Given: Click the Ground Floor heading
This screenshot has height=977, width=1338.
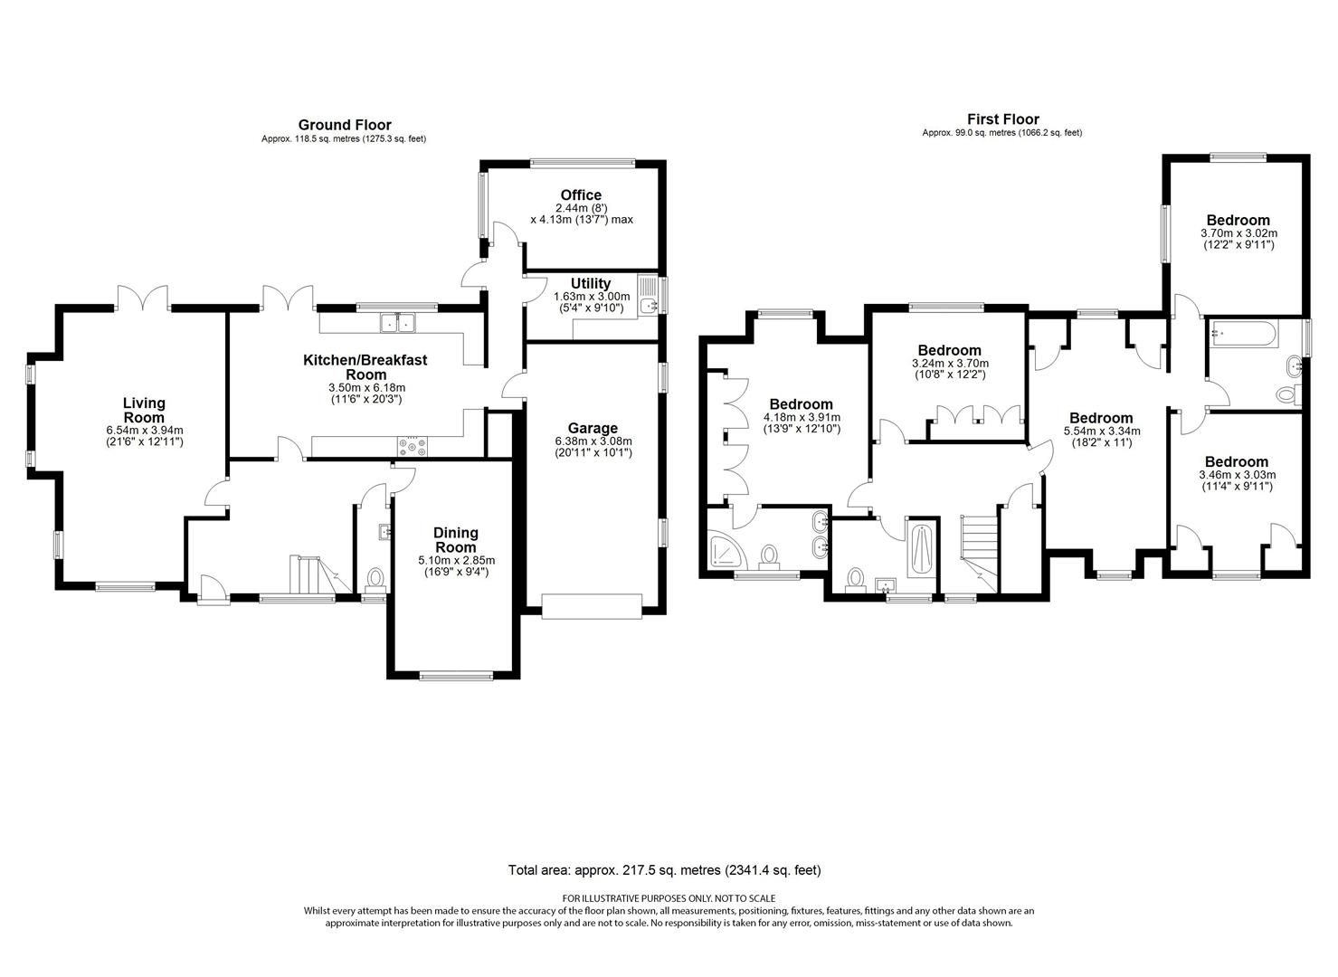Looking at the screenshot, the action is tap(345, 125).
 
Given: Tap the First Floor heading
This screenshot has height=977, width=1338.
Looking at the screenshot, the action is tap(1003, 119).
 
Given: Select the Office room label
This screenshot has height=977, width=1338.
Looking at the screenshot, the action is tap(581, 194).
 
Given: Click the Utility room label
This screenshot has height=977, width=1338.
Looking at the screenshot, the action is tap(590, 283).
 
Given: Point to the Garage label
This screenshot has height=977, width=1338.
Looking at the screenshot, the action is tap(593, 428).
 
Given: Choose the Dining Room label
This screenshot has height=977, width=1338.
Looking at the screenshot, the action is tap(455, 540).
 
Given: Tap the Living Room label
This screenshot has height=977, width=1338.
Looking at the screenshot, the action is tap(144, 411).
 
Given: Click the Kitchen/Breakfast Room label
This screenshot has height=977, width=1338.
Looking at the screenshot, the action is tap(365, 367).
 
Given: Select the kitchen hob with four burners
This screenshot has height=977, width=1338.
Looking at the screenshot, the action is tap(413, 447).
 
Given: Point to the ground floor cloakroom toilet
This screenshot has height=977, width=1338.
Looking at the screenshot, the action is tap(375, 578).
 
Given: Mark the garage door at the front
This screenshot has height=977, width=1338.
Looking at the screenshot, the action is tap(592, 606).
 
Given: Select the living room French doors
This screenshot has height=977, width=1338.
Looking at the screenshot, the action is tap(143, 299).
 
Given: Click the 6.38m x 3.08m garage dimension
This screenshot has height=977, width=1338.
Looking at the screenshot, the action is tap(593, 447).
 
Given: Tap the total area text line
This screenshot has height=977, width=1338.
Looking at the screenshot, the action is tap(664, 870).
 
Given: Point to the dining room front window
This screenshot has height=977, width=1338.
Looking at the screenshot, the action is tap(456, 676).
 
